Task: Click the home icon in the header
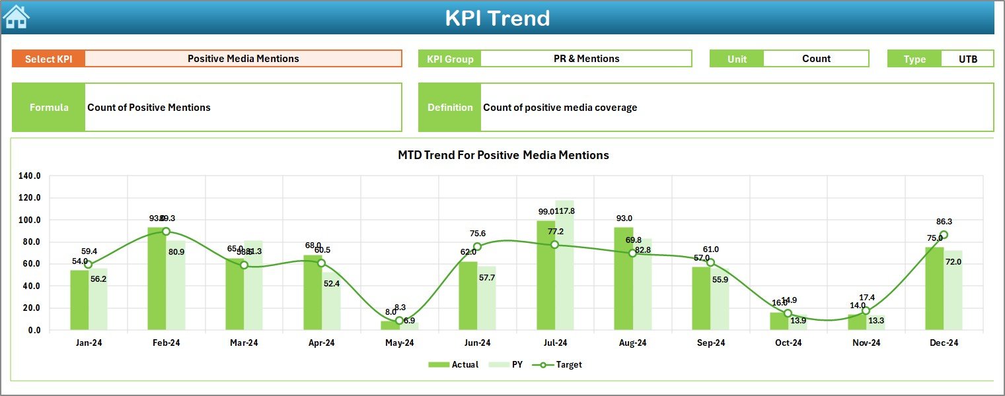pos(16,16)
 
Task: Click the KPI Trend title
pos(497,18)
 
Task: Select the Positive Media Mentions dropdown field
pos(243,59)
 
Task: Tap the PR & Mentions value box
pos(586,59)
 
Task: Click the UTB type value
pos(967,59)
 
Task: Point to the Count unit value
pos(816,59)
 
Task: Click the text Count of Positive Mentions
pos(149,108)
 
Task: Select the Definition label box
pos(450,108)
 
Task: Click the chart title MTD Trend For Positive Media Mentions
pos(503,155)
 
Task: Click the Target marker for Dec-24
pos(944,235)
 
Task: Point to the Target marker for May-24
pos(399,321)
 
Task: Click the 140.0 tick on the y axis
pos(30,176)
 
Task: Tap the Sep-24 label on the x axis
pos(710,343)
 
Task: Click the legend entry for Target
pos(561,364)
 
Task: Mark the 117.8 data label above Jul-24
pos(564,211)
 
